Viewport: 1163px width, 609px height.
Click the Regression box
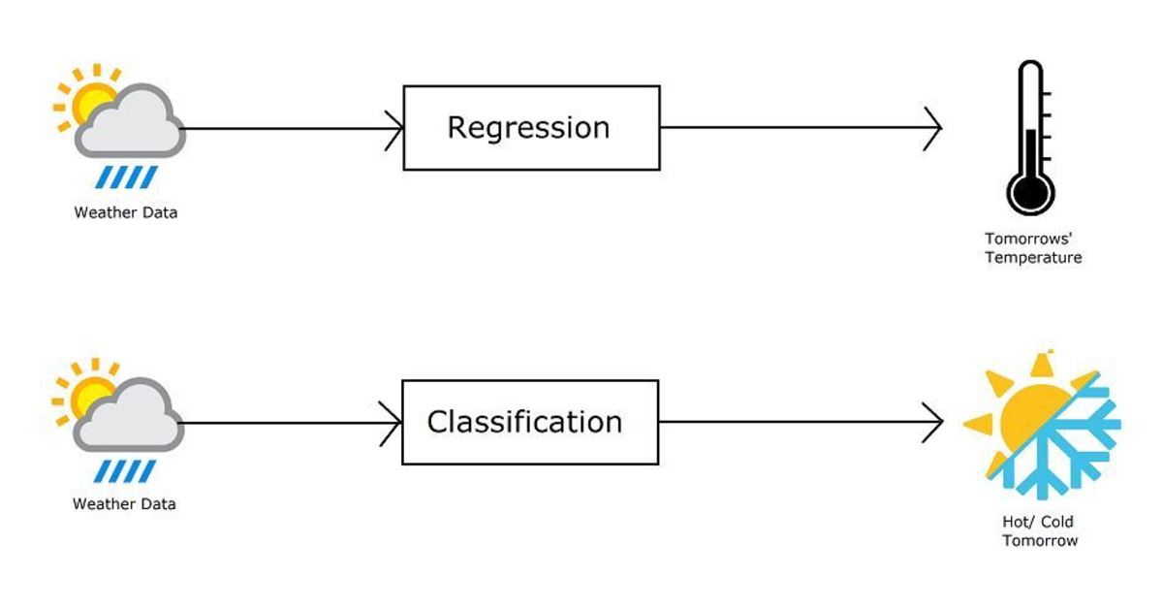click(531, 128)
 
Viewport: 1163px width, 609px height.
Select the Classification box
click(530, 422)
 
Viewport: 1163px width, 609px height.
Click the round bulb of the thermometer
click(1029, 191)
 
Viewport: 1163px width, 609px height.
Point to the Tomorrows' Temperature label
click(1032, 248)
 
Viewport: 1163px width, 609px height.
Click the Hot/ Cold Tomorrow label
click(1039, 531)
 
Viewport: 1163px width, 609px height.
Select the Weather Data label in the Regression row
click(126, 212)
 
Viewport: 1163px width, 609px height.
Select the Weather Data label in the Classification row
click(124, 504)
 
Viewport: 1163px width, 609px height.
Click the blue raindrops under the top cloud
click(126, 177)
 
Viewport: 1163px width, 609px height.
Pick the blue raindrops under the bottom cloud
click(125, 470)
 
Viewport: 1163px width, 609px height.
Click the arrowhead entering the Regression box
click(394, 128)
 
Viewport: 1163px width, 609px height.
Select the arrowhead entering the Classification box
click(393, 422)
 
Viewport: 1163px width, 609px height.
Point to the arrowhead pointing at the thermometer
click(933, 128)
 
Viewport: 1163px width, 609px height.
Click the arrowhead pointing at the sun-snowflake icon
click(933, 422)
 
